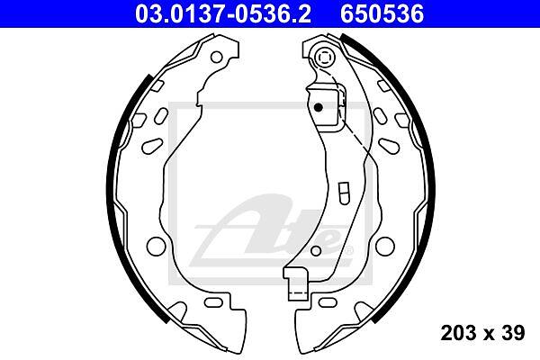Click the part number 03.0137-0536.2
(223, 14)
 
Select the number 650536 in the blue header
(382, 14)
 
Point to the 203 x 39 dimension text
(482, 333)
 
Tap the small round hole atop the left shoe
(216, 57)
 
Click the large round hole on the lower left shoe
(156, 247)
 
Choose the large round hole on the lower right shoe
(385, 246)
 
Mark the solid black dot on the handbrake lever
(319, 107)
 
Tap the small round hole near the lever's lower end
(316, 251)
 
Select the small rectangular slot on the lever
(344, 193)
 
